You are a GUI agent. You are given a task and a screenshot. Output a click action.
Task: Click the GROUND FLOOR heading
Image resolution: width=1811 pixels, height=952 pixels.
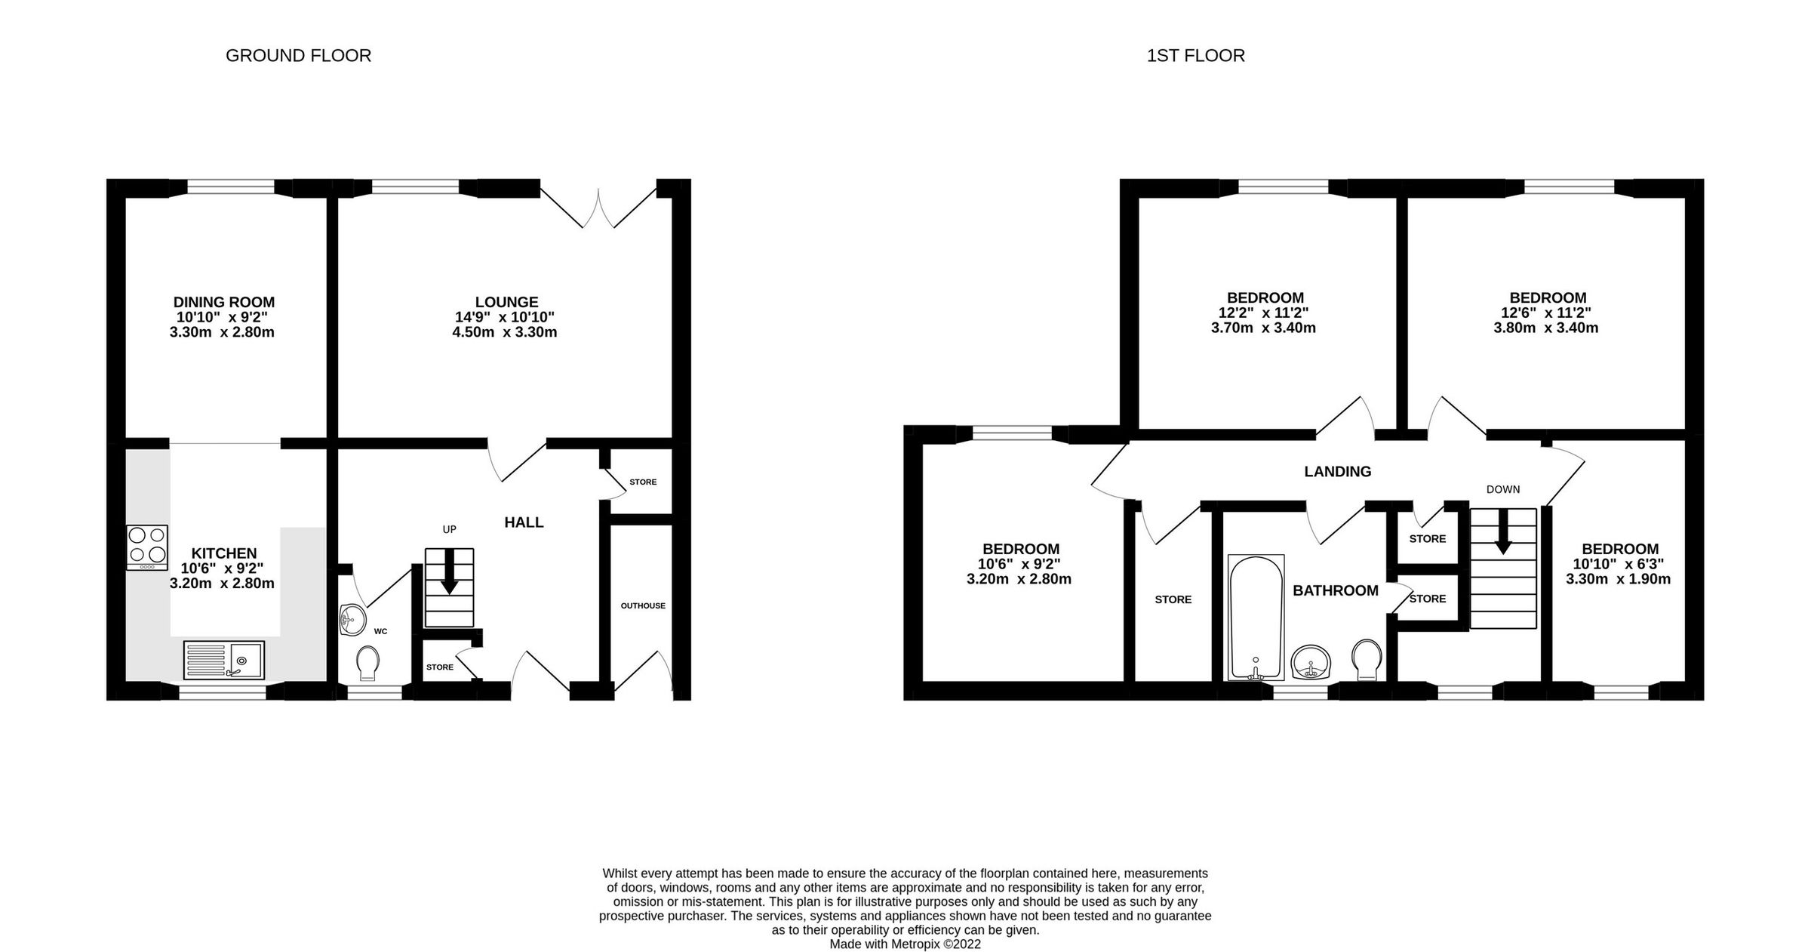tap(298, 56)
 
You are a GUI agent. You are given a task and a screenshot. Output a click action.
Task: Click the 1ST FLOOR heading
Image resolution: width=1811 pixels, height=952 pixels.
tap(1195, 56)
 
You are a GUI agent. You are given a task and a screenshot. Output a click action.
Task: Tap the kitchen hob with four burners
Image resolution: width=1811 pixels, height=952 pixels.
tap(147, 547)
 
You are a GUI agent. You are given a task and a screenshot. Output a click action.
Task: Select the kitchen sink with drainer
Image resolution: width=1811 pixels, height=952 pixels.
tap(223, 661)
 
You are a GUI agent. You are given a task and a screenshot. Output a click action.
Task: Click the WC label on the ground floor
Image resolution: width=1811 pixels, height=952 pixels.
tap(380, 631)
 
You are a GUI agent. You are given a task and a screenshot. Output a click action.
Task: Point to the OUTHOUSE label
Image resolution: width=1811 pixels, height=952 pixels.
tap(643, 605)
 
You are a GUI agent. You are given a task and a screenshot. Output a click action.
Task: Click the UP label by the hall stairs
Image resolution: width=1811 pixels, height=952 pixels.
tap(449, 529)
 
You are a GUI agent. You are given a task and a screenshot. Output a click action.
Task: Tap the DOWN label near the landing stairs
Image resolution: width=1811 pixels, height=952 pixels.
tap(1502, 489)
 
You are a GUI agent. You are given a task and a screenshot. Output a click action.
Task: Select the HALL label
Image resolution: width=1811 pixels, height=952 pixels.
tap(524, 522)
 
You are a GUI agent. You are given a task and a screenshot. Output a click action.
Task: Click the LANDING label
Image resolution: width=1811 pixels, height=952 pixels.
tap(1337, 472)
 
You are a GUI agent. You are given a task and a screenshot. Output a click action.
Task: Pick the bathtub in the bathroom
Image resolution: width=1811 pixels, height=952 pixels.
tap(1256, 618)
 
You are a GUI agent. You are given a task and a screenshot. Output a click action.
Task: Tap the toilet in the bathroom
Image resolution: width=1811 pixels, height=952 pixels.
tap(1367, 659)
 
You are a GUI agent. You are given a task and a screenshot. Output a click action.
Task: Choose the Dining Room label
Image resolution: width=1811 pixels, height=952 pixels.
tap(223, 303)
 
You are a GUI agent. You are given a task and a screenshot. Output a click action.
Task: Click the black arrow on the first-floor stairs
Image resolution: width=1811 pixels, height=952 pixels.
tap(1502, 533)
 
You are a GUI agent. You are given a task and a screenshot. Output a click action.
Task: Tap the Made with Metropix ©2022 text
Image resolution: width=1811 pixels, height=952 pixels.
tap(905, 944)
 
